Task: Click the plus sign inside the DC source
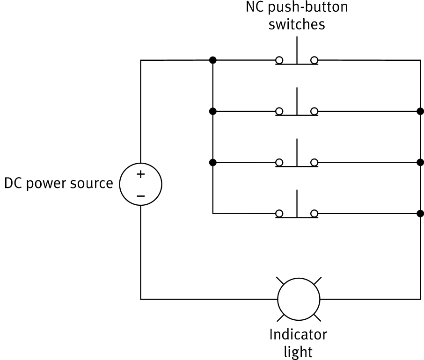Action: coord(140,175)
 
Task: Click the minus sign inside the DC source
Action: coord(140,195)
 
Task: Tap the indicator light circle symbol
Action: coord(299,299)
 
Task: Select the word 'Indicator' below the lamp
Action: coord(298,335)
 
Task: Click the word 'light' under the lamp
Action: coord(298,351)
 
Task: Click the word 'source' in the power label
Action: coord(91,184)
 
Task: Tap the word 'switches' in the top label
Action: coord(297,24)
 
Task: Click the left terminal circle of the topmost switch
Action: coord(279,60)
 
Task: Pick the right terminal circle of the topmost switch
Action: coord(314,60)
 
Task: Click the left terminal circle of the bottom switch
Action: coord(279,214)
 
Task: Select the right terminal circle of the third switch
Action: coord(314,162)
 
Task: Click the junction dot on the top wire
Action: coord(212,60)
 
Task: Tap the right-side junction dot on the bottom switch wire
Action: coord(420,214)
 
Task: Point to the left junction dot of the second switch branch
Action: coord(212,111)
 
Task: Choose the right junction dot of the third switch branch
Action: coord(420,162)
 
